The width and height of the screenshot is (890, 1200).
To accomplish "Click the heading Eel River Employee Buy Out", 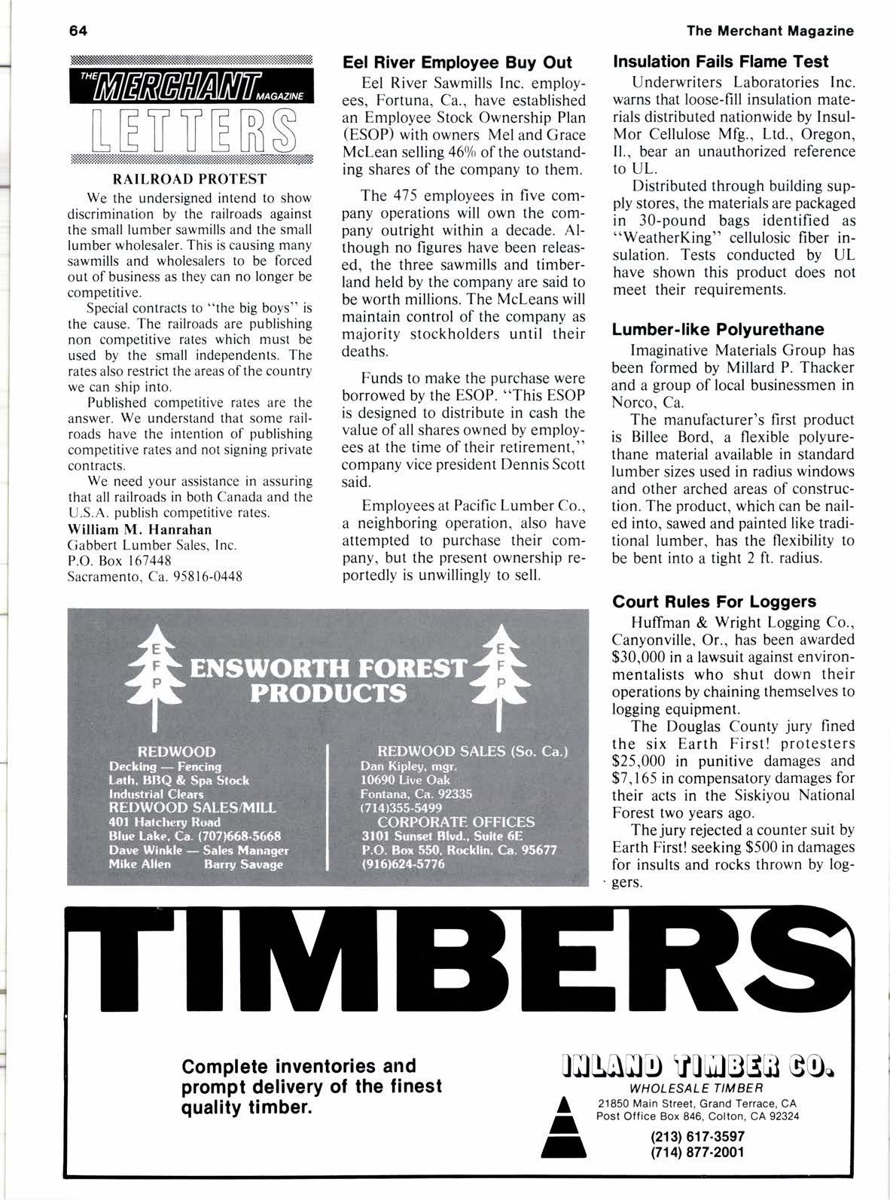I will click(x=457, y=62).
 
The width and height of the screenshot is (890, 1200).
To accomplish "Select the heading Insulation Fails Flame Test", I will click(x=721, y=62).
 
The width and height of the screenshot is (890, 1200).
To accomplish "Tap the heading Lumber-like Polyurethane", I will click(x=718, y=329).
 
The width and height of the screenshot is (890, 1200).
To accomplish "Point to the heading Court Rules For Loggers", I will click(x=714, y=602).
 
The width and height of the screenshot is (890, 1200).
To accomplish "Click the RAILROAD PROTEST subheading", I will click(x=189, y=178).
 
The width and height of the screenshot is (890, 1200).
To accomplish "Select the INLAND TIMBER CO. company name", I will click(x=697, y=1068).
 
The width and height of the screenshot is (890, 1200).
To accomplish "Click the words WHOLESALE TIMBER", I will click(x=697, y=1088).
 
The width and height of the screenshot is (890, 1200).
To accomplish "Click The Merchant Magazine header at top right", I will click(x=770, y=31).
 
